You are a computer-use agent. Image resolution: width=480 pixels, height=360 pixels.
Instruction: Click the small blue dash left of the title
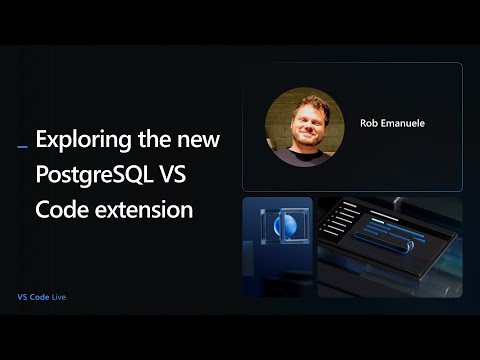pyautogui.click(x=23, y=147)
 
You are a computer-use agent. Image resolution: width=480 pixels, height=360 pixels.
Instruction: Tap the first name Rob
pyautogui.click(x=369, y=124)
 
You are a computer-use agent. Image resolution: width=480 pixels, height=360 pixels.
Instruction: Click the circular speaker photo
pyautogui.click(x=304, y=126)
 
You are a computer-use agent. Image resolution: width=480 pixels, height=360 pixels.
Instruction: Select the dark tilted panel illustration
pyautogui.click(x=390, y=246)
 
